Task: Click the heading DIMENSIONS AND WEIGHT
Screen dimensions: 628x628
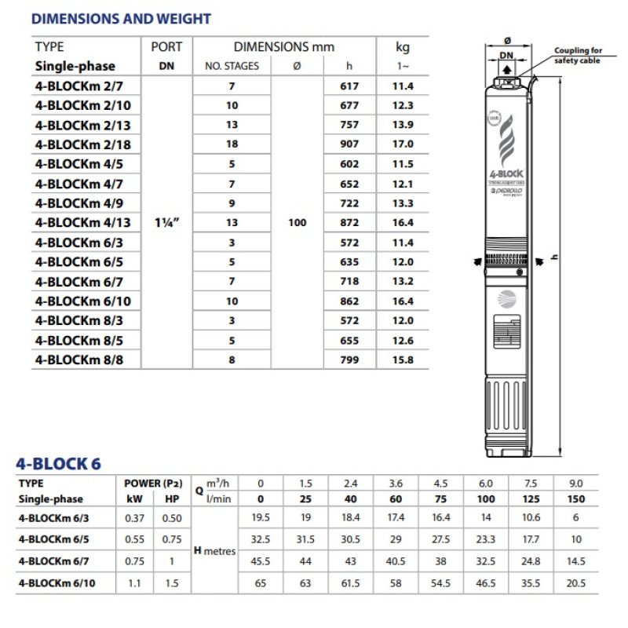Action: pyautogui.click(x=122, y=18)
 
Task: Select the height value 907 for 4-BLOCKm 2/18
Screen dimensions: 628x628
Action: pyautogui.click(x=349, y=144)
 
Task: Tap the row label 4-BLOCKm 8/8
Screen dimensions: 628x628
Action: pyautogui.click(x=75, y=360)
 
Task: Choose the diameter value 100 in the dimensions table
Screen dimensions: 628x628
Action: pyautogui.click(x=297, y=223)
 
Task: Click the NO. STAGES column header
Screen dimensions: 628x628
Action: pyautogui.click(x=232, y=66)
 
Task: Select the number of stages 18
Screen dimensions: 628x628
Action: pyautogui.click(x=232, y=144)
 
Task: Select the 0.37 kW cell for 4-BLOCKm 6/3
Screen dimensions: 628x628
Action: pyautogui.click(x=133, y=518)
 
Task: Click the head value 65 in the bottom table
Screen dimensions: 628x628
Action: pyautogui.click(x=261, y=584)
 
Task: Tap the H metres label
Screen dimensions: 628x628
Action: pyautogui.click(x=214, y=551)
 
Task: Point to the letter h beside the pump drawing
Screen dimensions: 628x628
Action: pyautogui.click(x=555, y=255)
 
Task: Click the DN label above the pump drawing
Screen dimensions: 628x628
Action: pyautogui.click(x=507, y=56)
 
